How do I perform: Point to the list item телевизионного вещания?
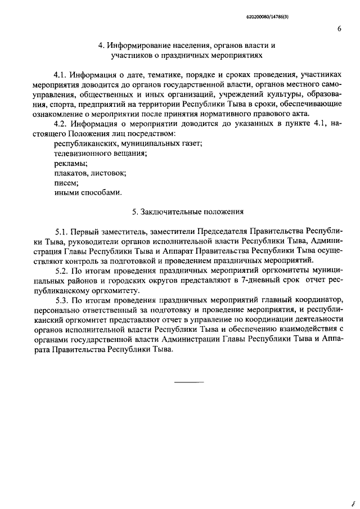pos(92,153)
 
